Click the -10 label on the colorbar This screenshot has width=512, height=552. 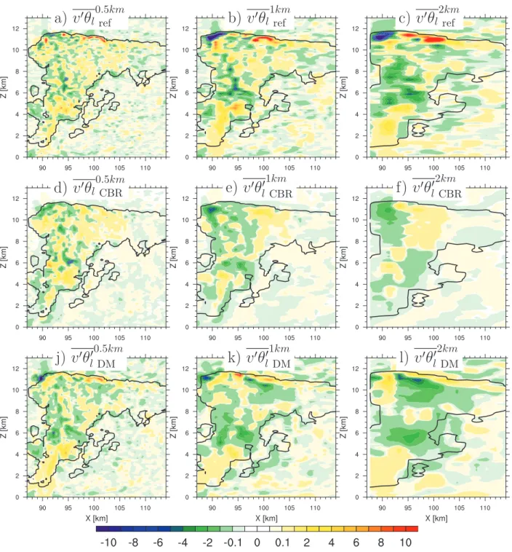click(108, 543)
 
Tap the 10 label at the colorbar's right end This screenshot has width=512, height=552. click(405, 543)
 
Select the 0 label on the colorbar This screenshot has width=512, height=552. click(257, 543)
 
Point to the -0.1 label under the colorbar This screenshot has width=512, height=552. click(232, 543)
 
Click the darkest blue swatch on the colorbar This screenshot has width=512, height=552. click(103, 529)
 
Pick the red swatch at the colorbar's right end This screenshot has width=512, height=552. click(412, 529)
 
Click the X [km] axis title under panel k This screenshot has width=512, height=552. click(267, 518)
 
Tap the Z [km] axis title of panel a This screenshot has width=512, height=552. click(4, 87)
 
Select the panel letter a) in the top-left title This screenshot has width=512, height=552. click(60, 19)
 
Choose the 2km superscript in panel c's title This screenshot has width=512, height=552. click(449, 9)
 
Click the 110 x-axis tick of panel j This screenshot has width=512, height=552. click(145, 508)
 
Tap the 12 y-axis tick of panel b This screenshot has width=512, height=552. click(185, 28)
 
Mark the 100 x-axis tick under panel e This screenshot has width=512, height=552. click(264, 338)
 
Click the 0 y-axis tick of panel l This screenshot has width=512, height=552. click(356, 497)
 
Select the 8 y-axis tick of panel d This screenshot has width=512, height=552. click(17, 242)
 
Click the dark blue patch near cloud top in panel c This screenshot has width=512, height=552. click(379, 36)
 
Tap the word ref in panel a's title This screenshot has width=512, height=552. click(105, 23)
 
